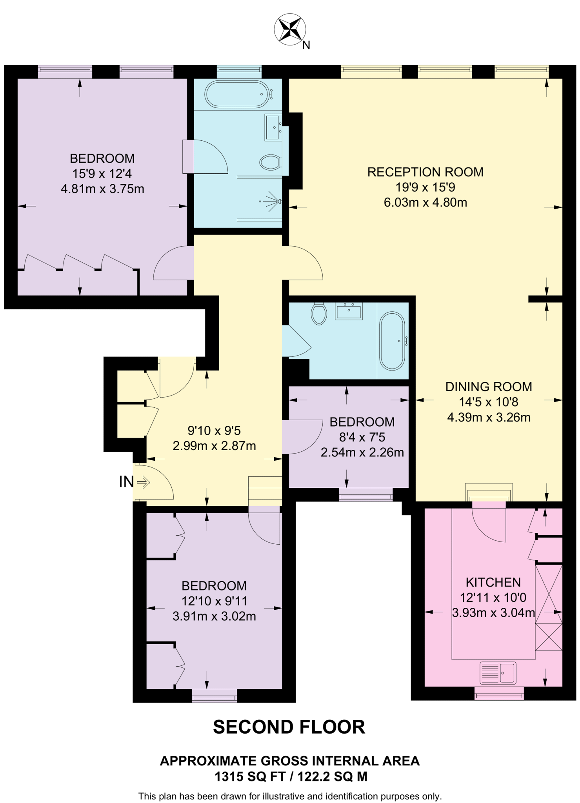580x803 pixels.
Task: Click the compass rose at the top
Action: coord(290,29)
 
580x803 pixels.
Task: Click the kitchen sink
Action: coord(498,672)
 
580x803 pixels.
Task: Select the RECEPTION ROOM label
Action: coord(425,172)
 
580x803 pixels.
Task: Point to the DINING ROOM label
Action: coord(489,387)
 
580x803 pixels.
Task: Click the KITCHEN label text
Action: coord(493,582)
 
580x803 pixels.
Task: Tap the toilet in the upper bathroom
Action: coord(271,162)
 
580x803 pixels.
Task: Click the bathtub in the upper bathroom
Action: coord(238,94)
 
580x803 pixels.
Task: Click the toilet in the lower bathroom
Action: coord(319,314)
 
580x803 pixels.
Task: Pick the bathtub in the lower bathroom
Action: coord(392,341)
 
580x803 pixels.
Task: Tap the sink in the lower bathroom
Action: coord(349,311)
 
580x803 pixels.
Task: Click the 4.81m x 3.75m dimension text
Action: coord(102,189)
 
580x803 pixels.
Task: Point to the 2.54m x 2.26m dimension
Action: coord(362,452)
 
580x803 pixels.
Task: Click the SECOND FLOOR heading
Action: coord(289,727)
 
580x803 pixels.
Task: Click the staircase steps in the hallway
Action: coord(265,491)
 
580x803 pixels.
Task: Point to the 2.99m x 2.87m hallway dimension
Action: coord(214,446)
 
